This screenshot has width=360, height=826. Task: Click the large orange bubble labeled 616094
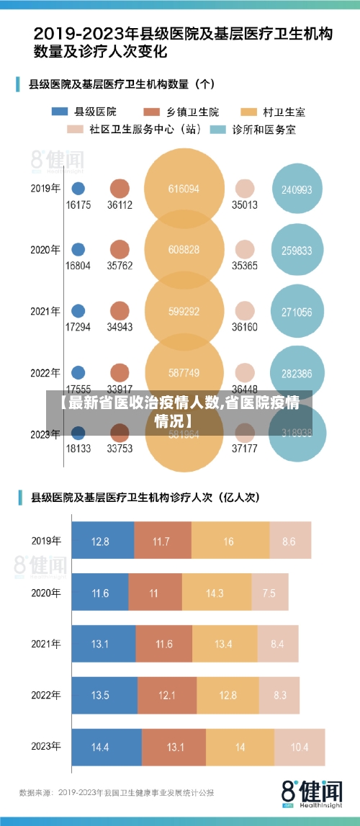pyautogui.click(x=184, y=189)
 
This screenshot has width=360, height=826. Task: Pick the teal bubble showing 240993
pyautogui.click(x=297, y=189)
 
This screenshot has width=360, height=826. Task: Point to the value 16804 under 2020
pyautogui.click(x=78, y=265)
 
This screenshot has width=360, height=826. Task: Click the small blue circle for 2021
pyautogui.click(x=78, y=311)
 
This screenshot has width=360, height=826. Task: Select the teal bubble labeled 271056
pyautogui.click(x=297, y=312)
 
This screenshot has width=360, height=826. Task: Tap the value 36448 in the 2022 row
pyautogui.click(x=245, y=387)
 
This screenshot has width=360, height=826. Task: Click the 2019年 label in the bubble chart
pyautogui.click(x=45, y=189)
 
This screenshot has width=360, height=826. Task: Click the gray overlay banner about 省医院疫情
pyautogui.click(x=180, y=412)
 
